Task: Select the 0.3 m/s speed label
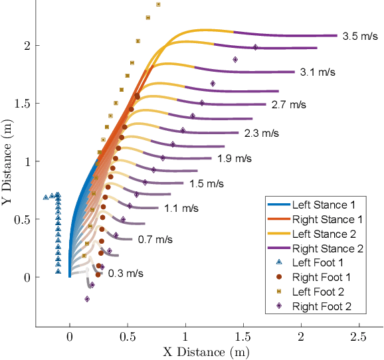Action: (x=126, y=273)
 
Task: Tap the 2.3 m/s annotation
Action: (x=262, y=133)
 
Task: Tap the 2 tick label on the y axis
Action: (x=27, y=45)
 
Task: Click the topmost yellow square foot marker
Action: (x=158, y=5)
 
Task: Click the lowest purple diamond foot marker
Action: (x=87, y=299)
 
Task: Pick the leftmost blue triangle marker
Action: (x=46, y=197)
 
